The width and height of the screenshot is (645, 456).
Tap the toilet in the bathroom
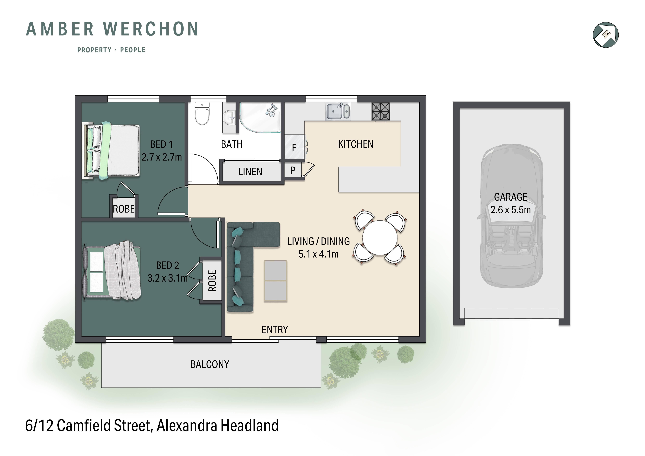click(202, 114)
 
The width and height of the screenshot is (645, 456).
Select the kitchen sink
click(338, 111)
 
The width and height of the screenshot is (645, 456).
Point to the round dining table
click(380, 238)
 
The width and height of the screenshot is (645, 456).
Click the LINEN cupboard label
click(250, 172)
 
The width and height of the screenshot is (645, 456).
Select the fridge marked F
click(294, 147)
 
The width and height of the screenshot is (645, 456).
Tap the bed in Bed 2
click(112, 271)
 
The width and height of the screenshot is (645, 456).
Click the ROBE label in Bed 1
click(124, 209)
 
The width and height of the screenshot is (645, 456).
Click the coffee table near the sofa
click(275, 281)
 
